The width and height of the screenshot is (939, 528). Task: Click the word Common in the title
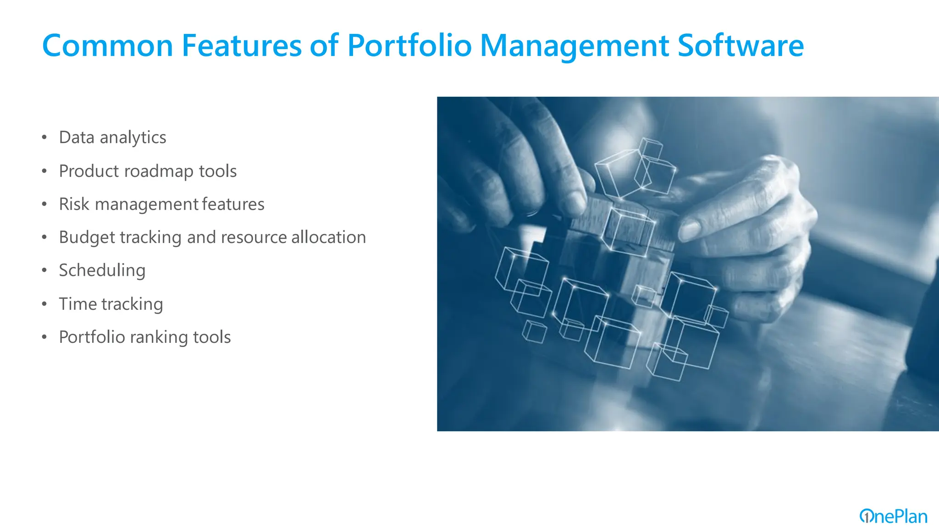tap(107, 46)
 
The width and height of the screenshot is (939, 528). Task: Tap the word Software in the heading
tap(740, 46)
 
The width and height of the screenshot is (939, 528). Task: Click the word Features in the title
tap(241, 46)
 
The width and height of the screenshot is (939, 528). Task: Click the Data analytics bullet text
tap(112, 137)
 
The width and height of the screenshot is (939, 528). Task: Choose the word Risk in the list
tap(74, 204)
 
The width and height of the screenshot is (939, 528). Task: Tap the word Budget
tap(87, 237)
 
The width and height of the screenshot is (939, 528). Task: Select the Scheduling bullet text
tap(102, 270)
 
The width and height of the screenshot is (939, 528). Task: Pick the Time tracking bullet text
tap(111, 304)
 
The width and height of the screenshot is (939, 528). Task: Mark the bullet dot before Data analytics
tap(44, 137)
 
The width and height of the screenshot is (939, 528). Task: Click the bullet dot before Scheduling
tap(44, 270)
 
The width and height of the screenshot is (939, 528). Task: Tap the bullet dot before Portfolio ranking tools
tap(44, 337)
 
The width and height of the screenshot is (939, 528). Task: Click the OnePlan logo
tap(893, 517)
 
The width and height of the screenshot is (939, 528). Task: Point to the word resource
tap(254, 237)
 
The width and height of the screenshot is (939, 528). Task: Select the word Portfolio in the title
tap(409, 46)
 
